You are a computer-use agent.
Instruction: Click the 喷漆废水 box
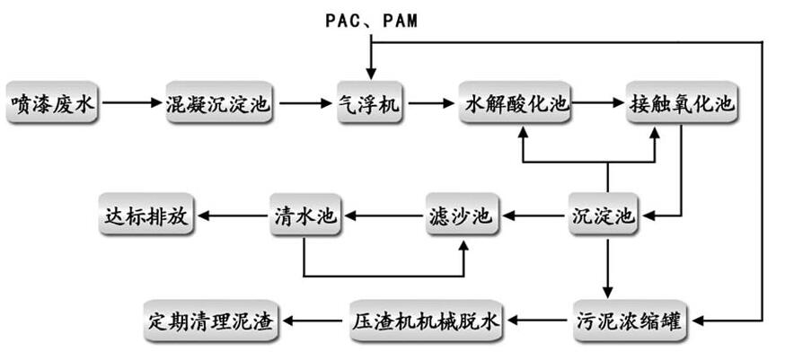tap(51, 105)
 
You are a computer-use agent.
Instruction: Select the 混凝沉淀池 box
tap(218, 105)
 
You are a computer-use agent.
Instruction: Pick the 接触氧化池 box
tap(682, 105)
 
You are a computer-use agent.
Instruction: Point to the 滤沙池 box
tap(459, 216)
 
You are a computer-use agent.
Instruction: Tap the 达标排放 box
tap(146, 216)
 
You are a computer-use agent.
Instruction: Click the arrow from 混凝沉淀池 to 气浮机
tap(303, 105)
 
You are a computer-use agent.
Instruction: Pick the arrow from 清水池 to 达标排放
tap(232, 216)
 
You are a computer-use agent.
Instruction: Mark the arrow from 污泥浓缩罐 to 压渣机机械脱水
tap(539, 319)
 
